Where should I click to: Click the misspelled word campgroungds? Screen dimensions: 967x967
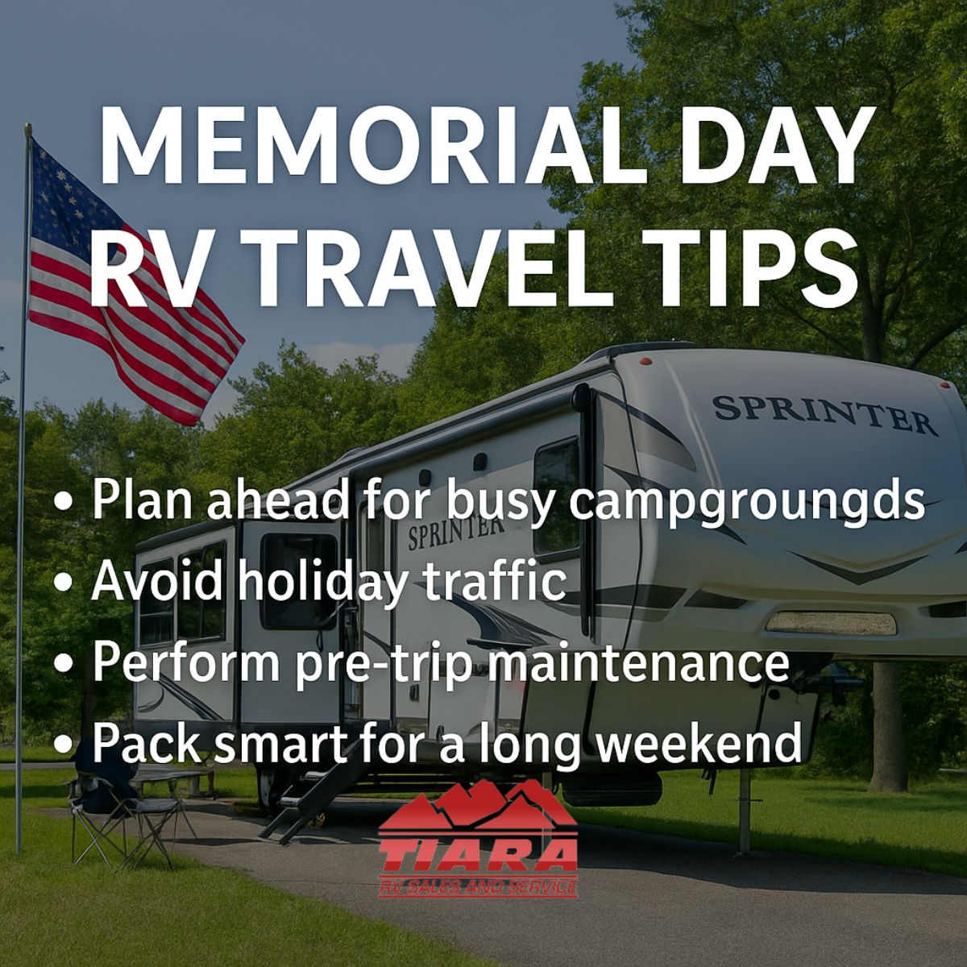click(x=747, y=504)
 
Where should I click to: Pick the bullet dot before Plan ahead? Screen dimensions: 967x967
click(x=64, y=503)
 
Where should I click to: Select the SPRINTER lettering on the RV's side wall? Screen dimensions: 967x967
click(x=455, y=533)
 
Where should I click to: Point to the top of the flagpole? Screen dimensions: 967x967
click(x=28, y=127)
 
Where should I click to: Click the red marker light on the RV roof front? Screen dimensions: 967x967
click(x=645, y=361)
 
